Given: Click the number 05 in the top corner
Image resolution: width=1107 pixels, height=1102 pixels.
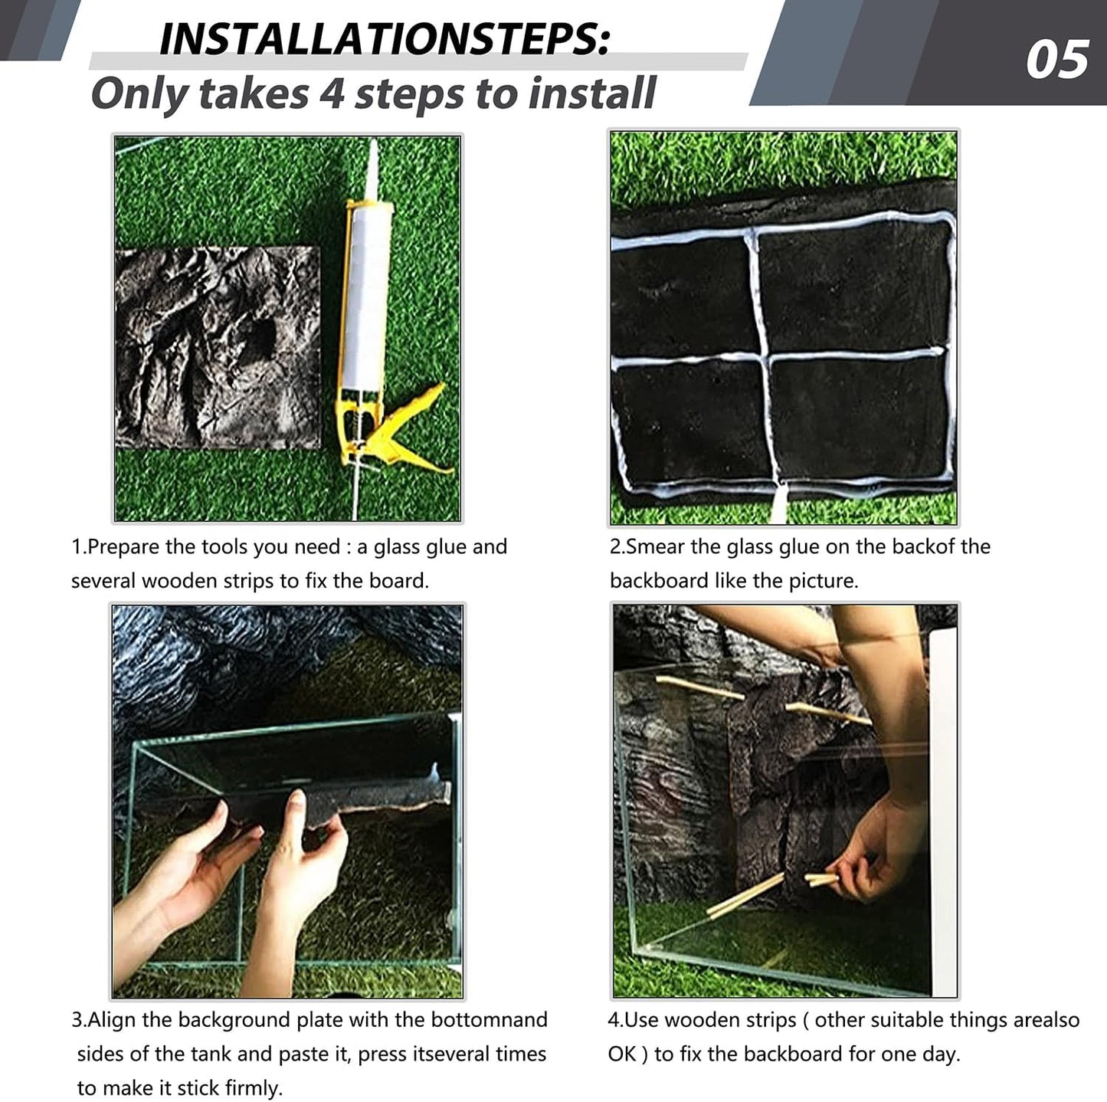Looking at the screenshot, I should tap(1056, 61).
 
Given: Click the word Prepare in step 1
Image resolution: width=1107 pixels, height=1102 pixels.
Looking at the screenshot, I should tap(123, 547).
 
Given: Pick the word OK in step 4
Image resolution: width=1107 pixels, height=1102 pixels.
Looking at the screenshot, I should tap(622, 1054).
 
